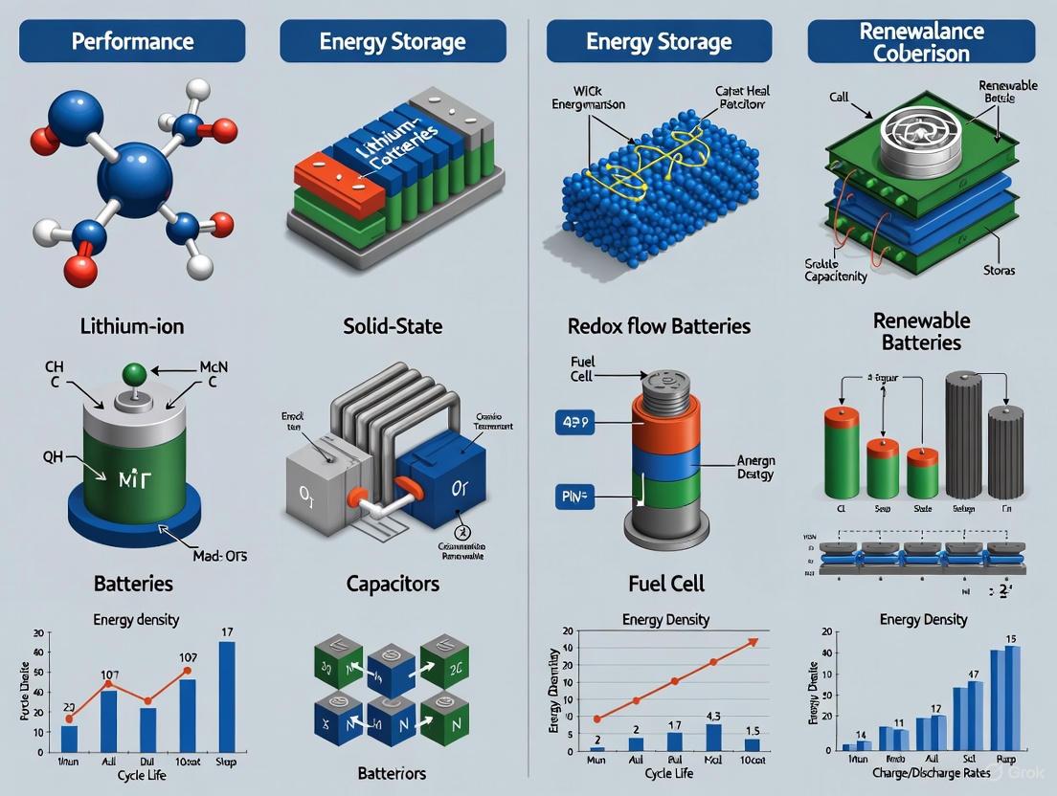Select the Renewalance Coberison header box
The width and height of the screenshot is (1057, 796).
click(921, 42)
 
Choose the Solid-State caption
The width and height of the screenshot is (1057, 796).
click(394, 326)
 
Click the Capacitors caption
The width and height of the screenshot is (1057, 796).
click(394, 583)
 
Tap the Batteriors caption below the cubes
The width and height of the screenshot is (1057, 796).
click(392, 773)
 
